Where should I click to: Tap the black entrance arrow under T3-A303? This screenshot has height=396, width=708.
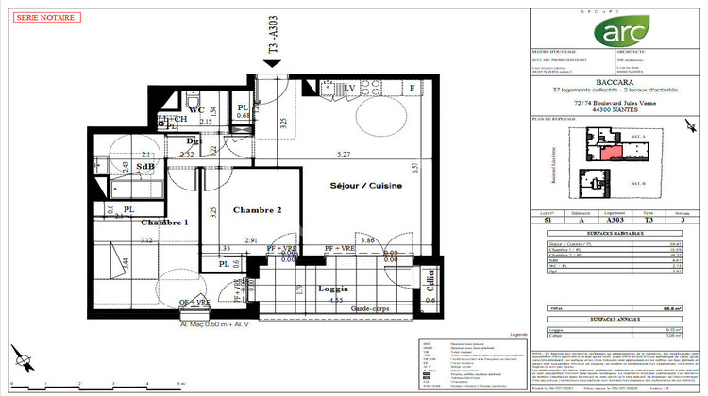pos(273,63)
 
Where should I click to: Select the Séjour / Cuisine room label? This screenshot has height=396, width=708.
pos(365,186)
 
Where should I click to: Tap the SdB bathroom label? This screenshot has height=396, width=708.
pos(147,167)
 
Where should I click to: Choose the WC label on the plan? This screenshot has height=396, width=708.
pos(196,109)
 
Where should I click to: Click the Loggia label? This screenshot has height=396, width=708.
pos(333,289)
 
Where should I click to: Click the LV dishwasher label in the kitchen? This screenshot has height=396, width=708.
pos(349,88)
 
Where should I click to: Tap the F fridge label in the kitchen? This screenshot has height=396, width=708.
pos(412,88)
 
